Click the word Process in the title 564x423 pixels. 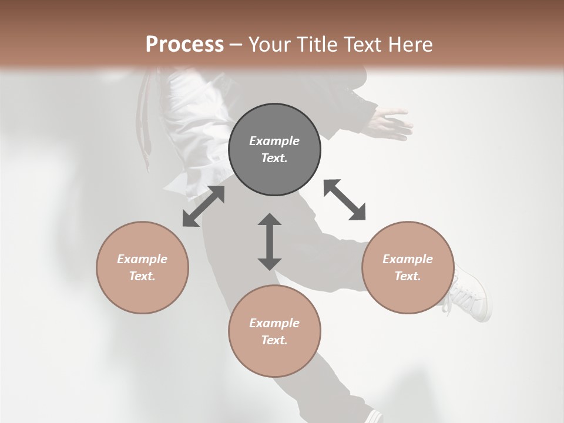coord(184,45)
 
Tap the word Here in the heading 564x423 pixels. coord(411,45)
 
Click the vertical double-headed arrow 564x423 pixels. coord(270,241)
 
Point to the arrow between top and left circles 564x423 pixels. coord(203,206)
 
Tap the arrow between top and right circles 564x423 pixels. coord(345,200)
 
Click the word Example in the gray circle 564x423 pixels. coord(274,141)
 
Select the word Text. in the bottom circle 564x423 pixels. coord(274,340)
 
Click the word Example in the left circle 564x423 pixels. coord(142,259)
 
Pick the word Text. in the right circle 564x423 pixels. coord(408,276)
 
